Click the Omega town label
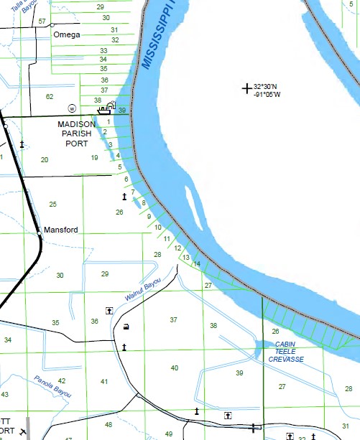66,34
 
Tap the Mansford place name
60,230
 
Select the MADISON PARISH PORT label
77,134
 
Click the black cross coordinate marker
247,88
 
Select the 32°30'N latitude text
268,87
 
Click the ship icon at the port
104,111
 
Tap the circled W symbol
72,108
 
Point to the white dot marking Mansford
39,232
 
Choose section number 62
50,96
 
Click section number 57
42,22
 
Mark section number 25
52,205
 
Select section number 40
175,368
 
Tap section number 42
62,381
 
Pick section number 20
45,160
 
